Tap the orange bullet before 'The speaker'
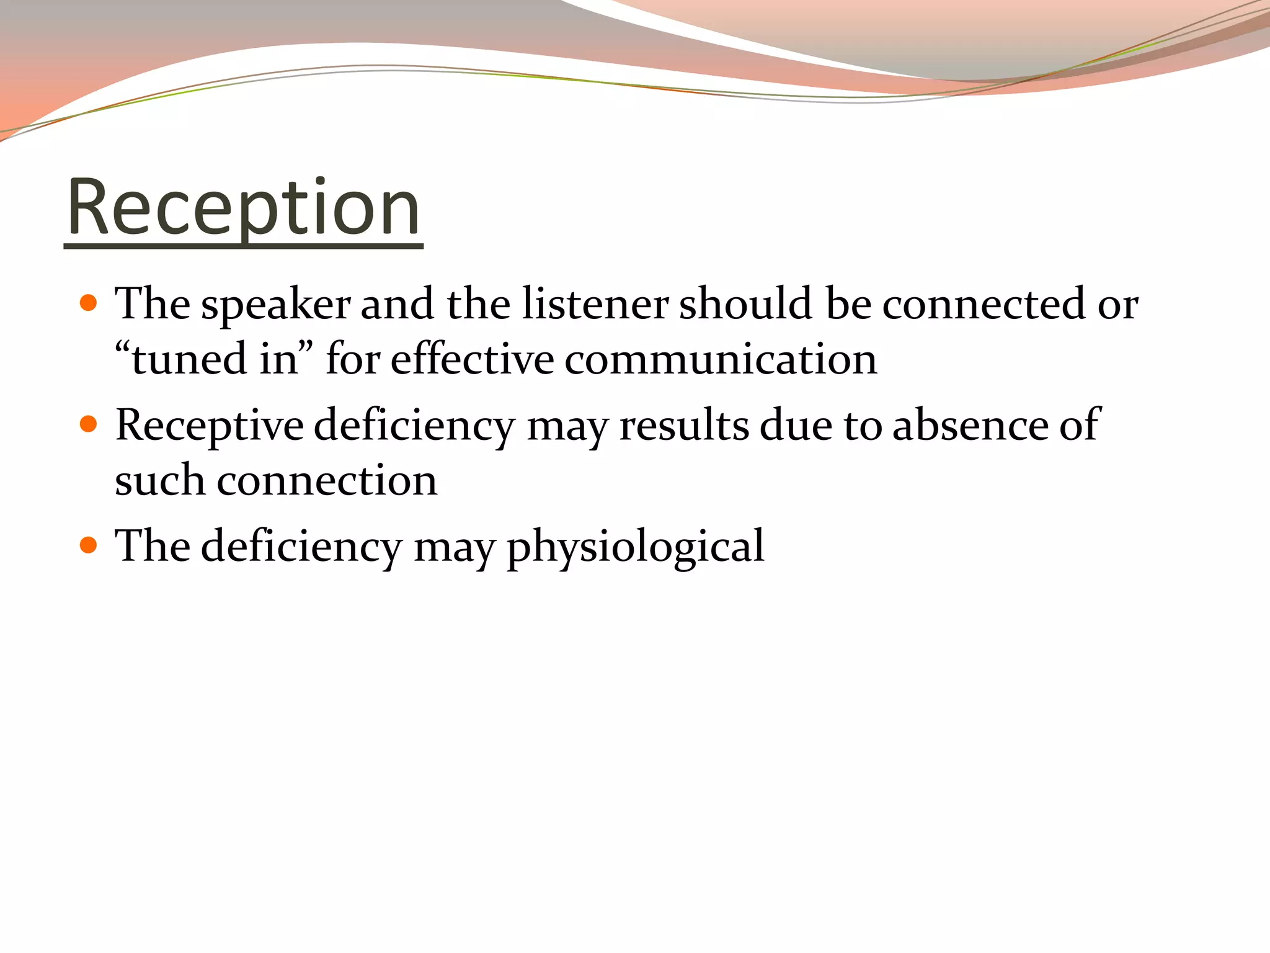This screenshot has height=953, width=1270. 89,303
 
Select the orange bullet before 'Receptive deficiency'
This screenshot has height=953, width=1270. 89,424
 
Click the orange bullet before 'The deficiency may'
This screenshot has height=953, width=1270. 89,545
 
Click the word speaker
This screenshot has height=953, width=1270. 275,305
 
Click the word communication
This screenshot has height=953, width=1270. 721,360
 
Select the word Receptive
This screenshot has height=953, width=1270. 209,427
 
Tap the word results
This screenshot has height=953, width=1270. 684,426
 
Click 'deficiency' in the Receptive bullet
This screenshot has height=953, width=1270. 414,427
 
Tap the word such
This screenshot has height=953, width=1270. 159,481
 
